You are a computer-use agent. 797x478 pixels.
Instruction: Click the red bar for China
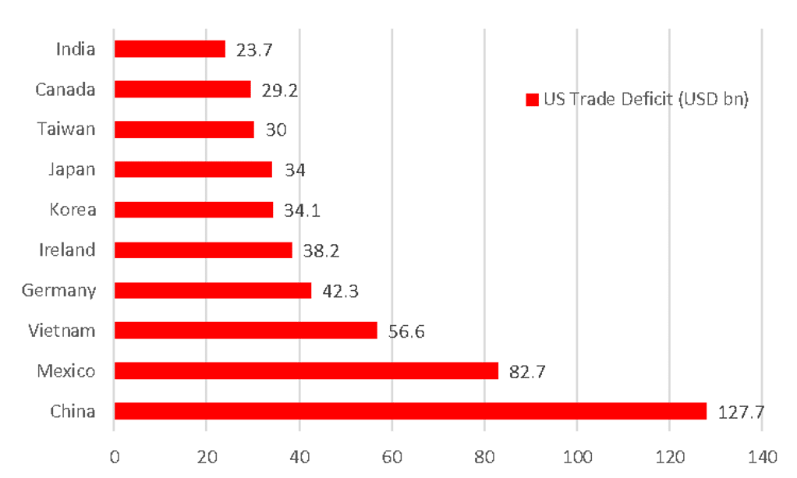point(411,411)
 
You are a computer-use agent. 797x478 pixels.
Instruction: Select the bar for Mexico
point(307,370)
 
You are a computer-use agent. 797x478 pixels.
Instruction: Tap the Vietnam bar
point(246,331)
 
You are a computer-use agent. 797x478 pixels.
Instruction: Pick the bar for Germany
point(214,290)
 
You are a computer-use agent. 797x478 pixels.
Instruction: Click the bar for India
point(171,49)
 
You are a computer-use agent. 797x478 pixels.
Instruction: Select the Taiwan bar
point(185,129)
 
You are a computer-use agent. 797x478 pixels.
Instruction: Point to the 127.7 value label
point(741,412)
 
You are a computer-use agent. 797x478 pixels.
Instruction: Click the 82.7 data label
point(527,372)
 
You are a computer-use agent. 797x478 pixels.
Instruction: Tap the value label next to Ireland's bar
point(321,251)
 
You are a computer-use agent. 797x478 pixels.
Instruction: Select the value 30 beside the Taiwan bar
point(276,130)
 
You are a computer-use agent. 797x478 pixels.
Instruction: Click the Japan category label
point(72,169)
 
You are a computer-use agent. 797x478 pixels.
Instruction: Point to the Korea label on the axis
point(73,210)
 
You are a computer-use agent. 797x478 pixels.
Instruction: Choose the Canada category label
point(66,89)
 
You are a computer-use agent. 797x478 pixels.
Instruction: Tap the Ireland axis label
point(68,250)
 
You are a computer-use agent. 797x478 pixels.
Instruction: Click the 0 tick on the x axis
point(115,456)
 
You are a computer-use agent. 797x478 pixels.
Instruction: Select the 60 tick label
point(391,456)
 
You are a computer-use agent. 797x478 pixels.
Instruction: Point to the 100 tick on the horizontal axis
point(576,456)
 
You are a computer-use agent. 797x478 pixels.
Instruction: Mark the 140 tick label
point(761,456)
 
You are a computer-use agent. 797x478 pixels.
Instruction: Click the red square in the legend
point(532,100)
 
